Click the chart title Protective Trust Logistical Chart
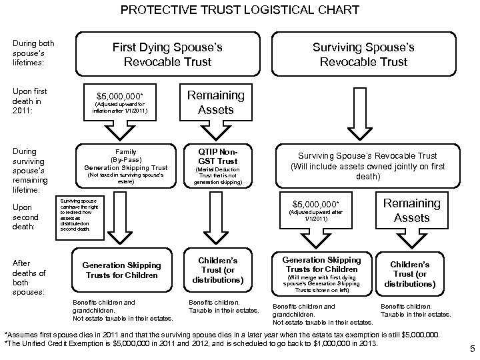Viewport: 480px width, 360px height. tap(240, 11)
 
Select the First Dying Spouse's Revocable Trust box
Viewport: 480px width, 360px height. tap(167, 55)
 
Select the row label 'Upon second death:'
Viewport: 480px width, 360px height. tap(26, 217)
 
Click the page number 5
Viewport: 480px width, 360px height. tap(471, 348)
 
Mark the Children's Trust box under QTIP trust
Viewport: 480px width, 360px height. tap(215, 269)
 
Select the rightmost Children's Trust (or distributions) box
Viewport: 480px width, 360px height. tap(410, 273)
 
